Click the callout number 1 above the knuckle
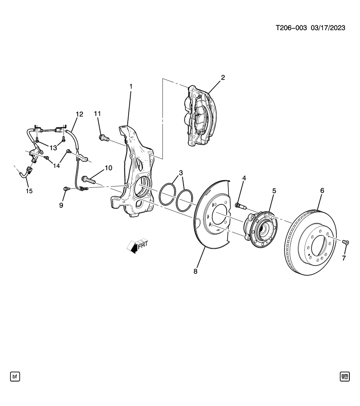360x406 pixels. coord(131,86)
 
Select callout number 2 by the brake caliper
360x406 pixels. coord(223,77)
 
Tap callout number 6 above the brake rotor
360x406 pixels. coord(322,191)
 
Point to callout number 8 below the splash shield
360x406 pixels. coord(195,272)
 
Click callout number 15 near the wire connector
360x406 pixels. coord(29,191)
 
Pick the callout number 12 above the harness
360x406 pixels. coord(80,114)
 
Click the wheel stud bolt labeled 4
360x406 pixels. coord(241,206)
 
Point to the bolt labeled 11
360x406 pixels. coord(104,137)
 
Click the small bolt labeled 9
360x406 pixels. coord(66,188)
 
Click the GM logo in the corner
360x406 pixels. coord(345,376)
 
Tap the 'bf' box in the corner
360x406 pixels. coord(15,376)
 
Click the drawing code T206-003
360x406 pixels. coord(291,28)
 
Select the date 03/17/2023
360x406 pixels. coord(328,28)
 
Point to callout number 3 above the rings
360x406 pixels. coord(181,173)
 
